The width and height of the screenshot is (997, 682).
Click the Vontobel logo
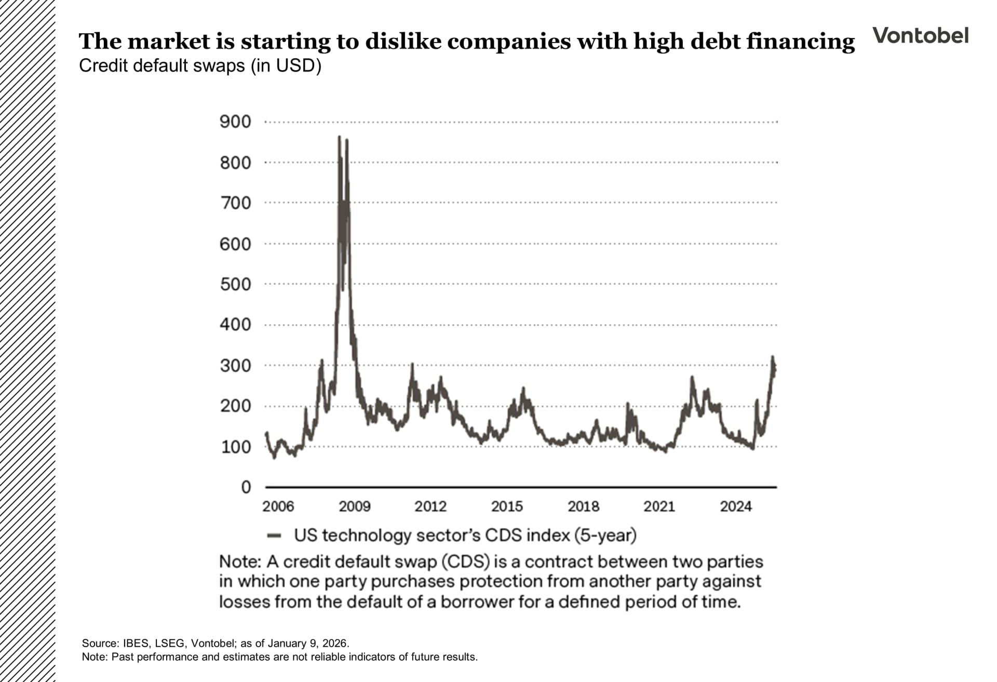point(920,35)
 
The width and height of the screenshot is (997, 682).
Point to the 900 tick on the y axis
point(235,122)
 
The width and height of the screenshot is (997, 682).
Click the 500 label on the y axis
point(235,285)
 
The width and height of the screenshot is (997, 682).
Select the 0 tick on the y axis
point(246,487)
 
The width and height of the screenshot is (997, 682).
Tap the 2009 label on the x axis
point(355,506)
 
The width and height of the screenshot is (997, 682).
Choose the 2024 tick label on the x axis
point(735,506)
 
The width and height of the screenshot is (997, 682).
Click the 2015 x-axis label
point(507,506)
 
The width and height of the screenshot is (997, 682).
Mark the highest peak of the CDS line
point(340,138)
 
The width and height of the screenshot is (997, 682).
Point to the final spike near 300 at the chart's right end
point(773,357)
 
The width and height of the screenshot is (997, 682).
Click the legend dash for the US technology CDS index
point(274,536)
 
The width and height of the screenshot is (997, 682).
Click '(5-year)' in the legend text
point(605,535)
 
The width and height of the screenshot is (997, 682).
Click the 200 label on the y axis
point(235,406)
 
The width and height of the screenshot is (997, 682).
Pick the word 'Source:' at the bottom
point(100,643)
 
